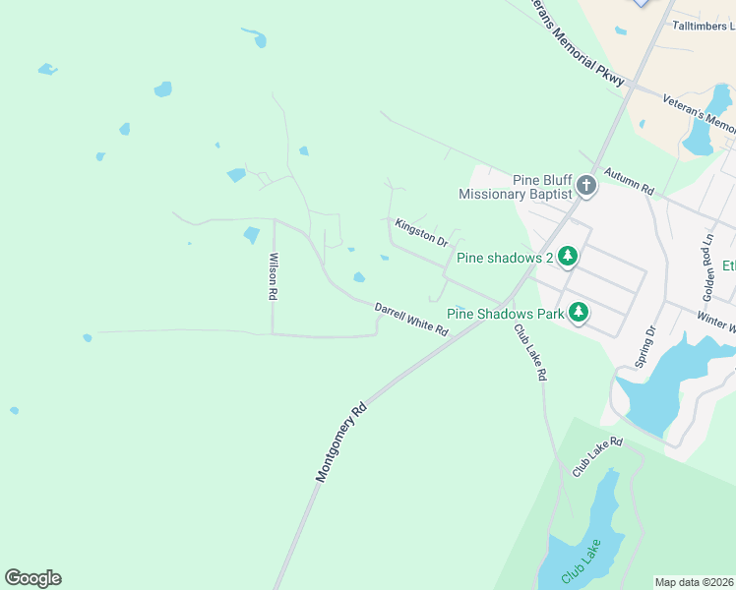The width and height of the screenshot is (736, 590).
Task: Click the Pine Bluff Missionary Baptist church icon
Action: tap(586, 186)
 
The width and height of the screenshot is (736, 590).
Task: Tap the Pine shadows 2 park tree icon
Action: tap(567, 257)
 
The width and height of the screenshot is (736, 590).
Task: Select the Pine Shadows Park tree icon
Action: tap(579, 313)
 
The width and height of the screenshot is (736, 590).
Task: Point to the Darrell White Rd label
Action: tap(411, 320)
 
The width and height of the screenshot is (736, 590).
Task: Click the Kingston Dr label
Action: tap(421, 233)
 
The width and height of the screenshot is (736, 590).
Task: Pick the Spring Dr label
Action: tap(644, 346)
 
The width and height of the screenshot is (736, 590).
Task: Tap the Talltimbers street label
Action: tap(703, 27)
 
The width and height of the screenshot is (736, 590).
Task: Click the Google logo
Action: tap(32, 578)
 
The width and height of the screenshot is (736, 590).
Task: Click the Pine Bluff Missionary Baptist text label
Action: tap(516, 187)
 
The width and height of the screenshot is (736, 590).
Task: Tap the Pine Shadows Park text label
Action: tap(506, 314)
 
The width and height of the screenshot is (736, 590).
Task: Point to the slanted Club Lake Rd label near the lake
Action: tap(598, 456)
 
